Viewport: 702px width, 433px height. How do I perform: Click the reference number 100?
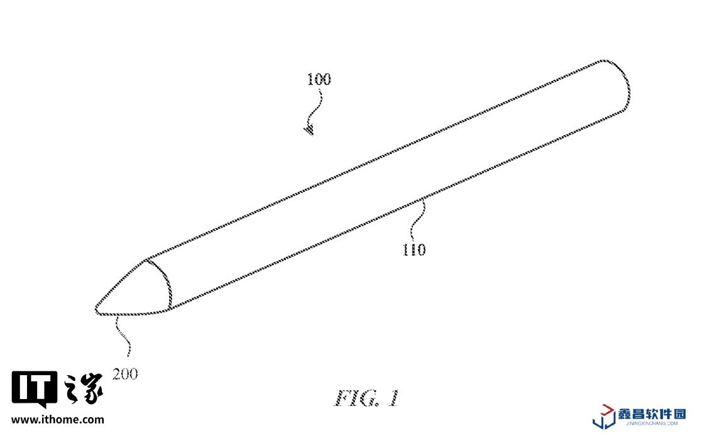tap(319, 80)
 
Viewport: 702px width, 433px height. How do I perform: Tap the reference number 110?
tap(414, 249)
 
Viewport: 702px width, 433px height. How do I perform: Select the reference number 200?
tap(125, 375)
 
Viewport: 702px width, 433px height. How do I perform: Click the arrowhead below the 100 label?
tap(309, 131)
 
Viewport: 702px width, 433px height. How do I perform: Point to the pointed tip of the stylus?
tap(97, 309)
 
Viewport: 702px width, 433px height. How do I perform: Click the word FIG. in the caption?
tap(355, 398)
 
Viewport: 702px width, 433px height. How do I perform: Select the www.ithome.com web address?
tap(58, 419)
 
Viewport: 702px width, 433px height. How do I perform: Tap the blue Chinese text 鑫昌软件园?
tap(652, 413)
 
